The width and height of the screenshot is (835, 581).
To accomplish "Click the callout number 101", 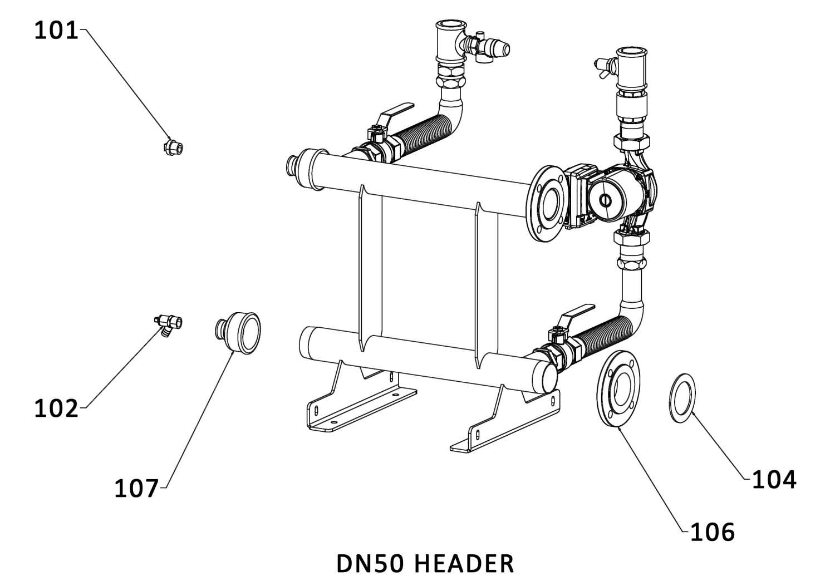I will pos(57,31).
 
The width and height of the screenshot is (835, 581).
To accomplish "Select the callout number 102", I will pos(57,409).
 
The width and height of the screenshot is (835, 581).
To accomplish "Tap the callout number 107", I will pos(136,489).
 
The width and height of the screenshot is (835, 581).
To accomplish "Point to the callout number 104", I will pos(774,479).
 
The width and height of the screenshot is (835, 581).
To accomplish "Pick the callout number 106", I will pos(713,532).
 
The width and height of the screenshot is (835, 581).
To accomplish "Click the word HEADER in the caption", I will pos(465,564).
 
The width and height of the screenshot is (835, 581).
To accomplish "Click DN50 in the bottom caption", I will pos(373,564).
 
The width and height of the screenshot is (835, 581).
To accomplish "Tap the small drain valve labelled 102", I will pos(169,322).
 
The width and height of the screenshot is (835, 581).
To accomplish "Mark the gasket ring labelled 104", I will pos(682,398).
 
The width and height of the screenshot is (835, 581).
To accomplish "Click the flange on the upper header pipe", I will pos(547,204).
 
